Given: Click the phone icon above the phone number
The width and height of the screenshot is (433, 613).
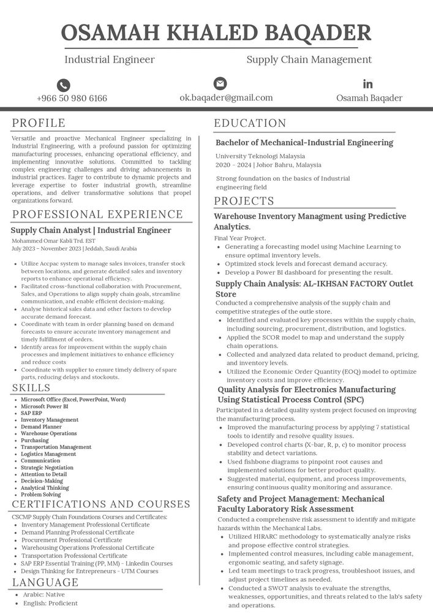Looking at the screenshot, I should [x=63, y=85].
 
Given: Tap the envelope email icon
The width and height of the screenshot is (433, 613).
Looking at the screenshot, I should [x=220, y=83].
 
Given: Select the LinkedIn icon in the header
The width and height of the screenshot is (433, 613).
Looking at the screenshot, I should [x=367, y=83].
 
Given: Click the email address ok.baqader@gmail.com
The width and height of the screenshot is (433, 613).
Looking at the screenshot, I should [x=226, y=97].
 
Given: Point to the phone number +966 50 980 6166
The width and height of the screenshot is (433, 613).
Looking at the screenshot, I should [x=72, y=98].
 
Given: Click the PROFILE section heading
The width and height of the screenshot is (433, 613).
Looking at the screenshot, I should [x=39, y=123].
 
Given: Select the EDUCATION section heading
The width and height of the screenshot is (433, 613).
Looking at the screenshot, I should [x=250, y=123].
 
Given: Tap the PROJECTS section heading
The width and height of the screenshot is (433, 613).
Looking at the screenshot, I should [x=244, y=201].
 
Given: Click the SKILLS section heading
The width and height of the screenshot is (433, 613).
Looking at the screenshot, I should [x=31, y=388].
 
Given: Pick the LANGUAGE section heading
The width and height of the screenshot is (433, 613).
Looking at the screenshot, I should [x=45, y=582].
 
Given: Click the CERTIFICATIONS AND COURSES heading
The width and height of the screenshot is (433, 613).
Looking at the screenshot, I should [x=101, y=504].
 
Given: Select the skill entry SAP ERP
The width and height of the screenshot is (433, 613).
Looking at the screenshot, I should [x=32, y=413].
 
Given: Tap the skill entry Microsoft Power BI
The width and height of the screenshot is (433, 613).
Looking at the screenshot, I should [x=45, y=406].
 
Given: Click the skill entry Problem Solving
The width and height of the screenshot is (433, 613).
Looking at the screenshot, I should [x=41, y=495].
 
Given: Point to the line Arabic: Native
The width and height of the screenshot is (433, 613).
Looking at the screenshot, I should [x=43, y=595].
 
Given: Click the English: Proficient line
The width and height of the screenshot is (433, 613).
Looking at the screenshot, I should [x=50, y=603].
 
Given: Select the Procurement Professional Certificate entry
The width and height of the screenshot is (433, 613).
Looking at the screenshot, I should [x=72, y=540].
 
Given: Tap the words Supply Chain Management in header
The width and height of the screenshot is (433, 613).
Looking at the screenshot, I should [x=309, y=59].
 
